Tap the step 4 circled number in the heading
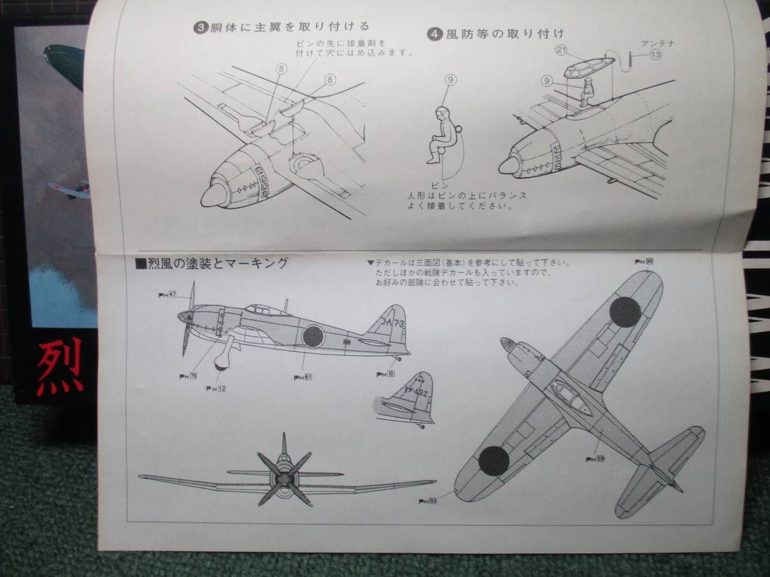pyautogui.click(x=435, y=35)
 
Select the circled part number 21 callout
pyautogui.click(x=562, y=51)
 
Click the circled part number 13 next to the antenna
pyautogui.click(x=655, y=55)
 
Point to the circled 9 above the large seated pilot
pyautogui.click(x=451, y=80)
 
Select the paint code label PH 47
pyautogui.click(x=167, y=294)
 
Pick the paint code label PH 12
pyautogui.click(x=216, y=389)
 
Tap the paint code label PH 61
pyautogui.click(x=303, y=377)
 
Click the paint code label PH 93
pyautogui.click(x=428, y=501)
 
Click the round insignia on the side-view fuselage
pyautogui.click(x=313, y=336)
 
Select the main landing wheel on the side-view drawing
pyautogui.click(x=222, y=363)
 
